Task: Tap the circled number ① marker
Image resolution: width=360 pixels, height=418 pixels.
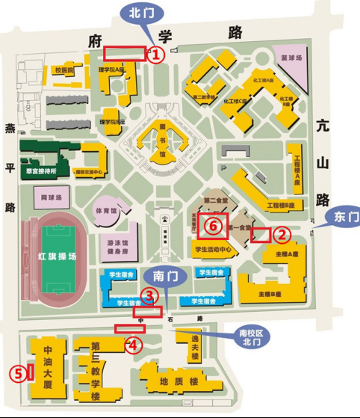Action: tap(155, 54)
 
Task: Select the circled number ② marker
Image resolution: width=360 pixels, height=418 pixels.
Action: tap(282, 235)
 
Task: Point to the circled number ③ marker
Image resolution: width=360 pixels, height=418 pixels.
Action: tap(149, 296)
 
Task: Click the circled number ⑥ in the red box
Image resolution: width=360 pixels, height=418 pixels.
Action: tap(213, 224)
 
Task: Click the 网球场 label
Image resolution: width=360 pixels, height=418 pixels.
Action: tap(49, 199)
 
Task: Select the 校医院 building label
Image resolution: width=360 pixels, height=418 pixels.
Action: tap(64, 70)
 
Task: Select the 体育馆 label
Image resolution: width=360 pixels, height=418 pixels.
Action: tap(110, 212)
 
